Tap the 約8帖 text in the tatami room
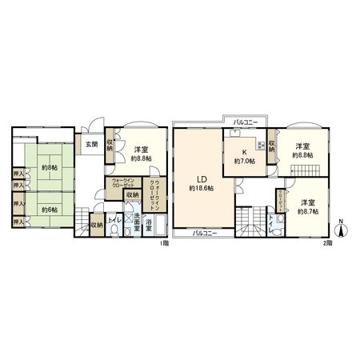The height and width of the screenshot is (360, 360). click(48, 168)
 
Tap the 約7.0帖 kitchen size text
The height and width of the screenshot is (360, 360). click(245, 161)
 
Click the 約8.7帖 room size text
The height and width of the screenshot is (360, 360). click(307, 210)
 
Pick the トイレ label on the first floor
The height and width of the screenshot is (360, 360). click(114, 219)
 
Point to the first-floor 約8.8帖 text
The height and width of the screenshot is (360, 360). click(142, 158)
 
